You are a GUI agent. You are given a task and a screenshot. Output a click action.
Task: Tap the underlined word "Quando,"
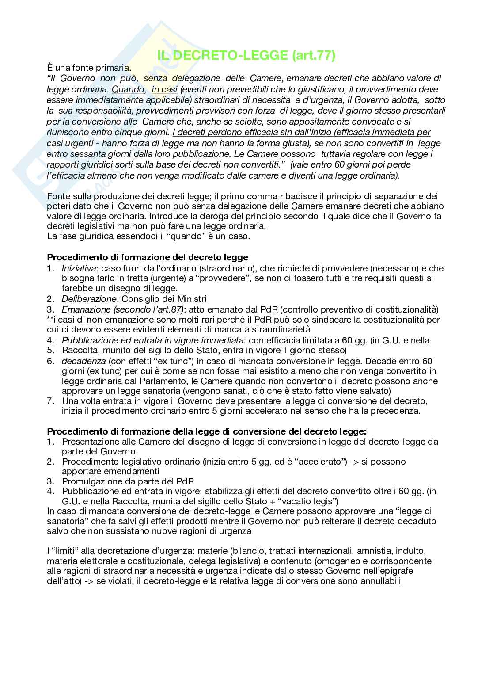(129, 89)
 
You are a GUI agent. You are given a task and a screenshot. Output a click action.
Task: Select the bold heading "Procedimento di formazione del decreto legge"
(148, 257)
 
